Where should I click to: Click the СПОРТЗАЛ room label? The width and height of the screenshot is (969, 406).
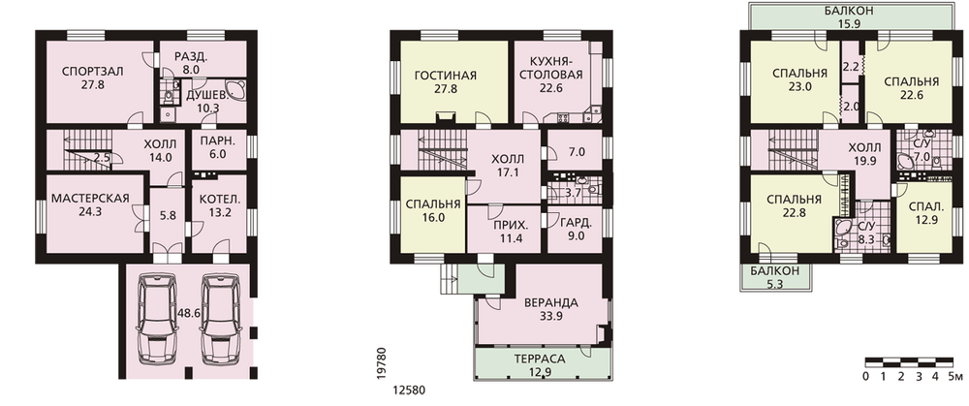93,71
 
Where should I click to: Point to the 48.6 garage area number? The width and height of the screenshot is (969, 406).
189,314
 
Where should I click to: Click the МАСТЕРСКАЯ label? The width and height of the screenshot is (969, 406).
90,199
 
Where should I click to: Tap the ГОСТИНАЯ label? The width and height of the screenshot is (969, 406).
445,76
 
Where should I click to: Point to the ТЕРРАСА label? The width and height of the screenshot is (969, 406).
540,359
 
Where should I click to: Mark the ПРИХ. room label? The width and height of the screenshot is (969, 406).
506,225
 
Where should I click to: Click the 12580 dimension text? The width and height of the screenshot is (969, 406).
409,390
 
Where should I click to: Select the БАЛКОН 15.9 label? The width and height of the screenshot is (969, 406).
850,17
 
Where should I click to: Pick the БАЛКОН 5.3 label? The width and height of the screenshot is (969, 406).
774,277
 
